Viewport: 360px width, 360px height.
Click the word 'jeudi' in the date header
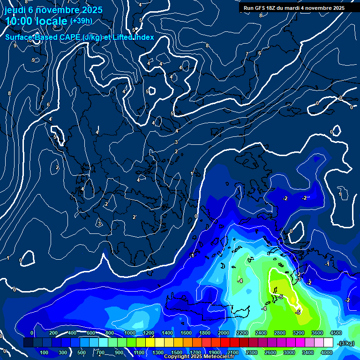point(15,10)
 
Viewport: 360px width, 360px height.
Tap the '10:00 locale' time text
point(37,21)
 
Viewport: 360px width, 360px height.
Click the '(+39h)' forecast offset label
point(81,21)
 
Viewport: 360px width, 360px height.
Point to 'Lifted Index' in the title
point(134,37)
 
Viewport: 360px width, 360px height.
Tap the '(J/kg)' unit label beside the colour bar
point(346,344)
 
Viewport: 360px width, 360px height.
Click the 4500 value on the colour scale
point(336,333)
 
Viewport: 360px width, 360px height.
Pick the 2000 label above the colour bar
point(224,333)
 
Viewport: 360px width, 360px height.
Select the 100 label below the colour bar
point(44,352)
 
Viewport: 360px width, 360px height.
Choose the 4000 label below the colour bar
point(327,352)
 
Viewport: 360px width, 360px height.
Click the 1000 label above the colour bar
point(130,333)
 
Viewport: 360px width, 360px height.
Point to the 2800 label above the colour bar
point(280,333)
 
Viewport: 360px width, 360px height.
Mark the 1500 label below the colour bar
point(177,352)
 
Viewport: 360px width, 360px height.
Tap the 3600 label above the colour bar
point(317,333)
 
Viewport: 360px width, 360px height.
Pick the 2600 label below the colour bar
point(270,352)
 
